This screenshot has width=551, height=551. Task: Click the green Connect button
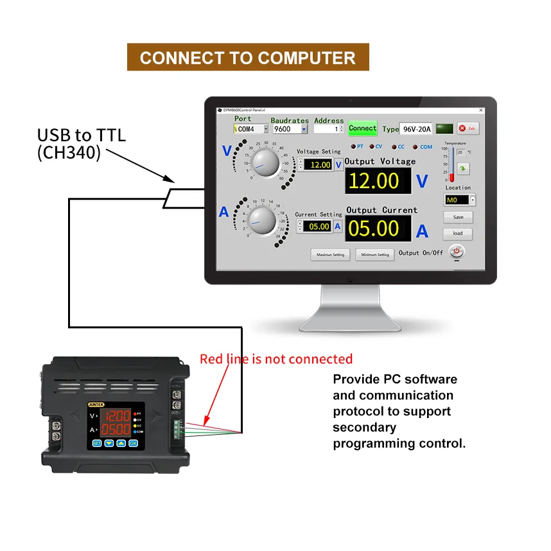pyautogui.click(x=362, y=128)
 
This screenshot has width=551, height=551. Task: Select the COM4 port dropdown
pyautogui.click(x=250, y=129)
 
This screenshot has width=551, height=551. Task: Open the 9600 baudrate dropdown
pyautogui.click(x=290, y=129)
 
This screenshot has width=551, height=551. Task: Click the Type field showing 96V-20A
pyautogui.click(x=415, y=129)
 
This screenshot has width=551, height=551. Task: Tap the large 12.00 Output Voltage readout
pyautogui.click(x=378, y=181)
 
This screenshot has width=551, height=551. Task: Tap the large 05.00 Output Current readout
pyautogui.click(x=378, y=229)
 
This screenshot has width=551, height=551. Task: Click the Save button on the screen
pyautogui.click(x=458, y=217)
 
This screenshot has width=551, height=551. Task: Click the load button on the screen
pyautogui.click(x=458, y=234)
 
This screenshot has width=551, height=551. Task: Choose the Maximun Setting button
pyautogui.click(x=330, y=254)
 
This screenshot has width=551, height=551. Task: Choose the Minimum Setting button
pyautogui.click(x=375, y=254)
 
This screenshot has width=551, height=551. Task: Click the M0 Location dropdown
pyautogui.click(x=460, y=200)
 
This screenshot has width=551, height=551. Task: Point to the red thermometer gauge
pyautogui.click(x=452, y=164)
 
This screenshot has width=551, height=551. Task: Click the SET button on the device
pyautogui.click(x=96, y=442)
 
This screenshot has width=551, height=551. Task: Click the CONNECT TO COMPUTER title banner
pyautogui.click(x=248, y=58)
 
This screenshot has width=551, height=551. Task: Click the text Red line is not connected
pyautogui.click(x=276, y=359)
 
